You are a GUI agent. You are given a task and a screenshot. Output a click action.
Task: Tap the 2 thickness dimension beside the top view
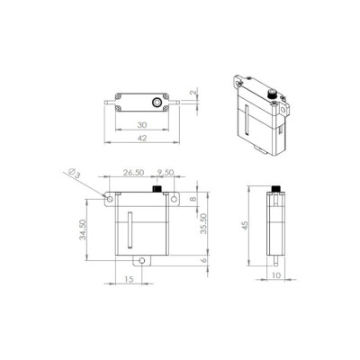click(x=193, y=93)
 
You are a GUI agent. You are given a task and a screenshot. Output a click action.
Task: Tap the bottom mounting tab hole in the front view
click(x=141, y=260)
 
